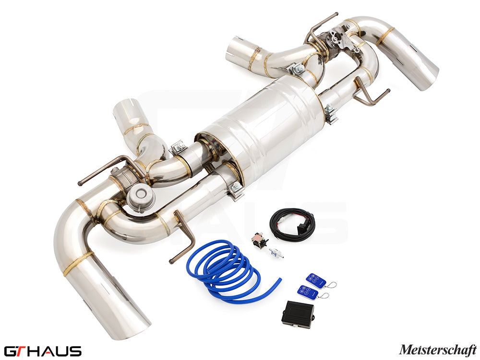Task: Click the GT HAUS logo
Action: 42,351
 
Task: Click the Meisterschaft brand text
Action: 437,350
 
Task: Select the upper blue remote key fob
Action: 316,280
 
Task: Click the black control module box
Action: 298,314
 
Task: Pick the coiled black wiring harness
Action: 292,223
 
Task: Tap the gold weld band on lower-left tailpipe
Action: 78,263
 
